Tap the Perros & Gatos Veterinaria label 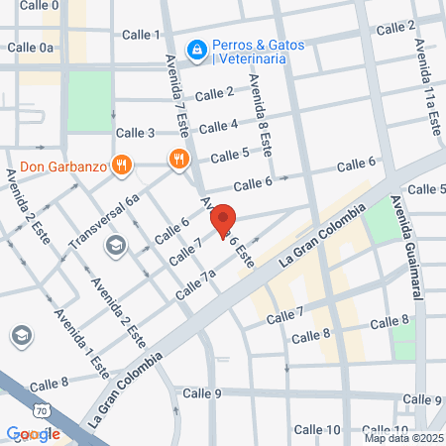pyautogui.click(x=252, y=52)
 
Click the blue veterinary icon pyautogui.click(x=197, y=48)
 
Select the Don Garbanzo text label pyautogui.click(x=62, y=167)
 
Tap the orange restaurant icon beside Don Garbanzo pyautogui.click(x=122, y=165)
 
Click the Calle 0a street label pyautogui.click(x=32, y=47)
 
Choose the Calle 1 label pyautogui.click(x=141, y=35)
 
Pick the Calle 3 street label pyautogui.click(x=136, y=133)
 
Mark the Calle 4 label pyautogui.click(x=219, y=126)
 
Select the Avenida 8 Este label pyautogui.click(x=260, y=116)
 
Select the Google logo pyautogui.click(x=33, y=433)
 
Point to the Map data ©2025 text pyautogui.click(x=401, y=438)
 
